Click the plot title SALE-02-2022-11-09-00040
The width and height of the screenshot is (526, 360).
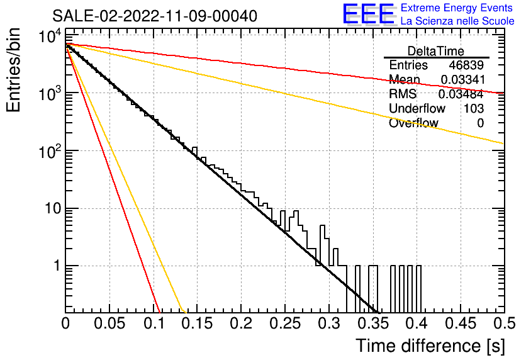155,16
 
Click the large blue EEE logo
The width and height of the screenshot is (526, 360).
368,14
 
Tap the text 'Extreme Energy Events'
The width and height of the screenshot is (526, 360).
457,8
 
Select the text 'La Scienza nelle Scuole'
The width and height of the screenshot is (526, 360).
457,21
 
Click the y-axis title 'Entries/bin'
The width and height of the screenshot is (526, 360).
14,70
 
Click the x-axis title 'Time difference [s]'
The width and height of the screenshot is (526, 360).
430,346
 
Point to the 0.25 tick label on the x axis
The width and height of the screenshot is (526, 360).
285,323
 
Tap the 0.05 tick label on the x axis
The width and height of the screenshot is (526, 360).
109,323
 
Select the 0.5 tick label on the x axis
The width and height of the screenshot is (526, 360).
504,323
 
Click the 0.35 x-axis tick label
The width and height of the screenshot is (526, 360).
373,323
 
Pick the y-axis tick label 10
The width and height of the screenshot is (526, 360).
53,208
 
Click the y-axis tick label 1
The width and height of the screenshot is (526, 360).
57,266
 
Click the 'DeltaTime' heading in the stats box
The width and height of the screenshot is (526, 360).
436,51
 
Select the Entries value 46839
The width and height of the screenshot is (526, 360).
466,65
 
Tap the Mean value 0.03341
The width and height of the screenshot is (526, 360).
462,79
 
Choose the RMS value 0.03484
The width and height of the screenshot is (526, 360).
461,94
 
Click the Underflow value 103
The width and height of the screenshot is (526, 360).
474,108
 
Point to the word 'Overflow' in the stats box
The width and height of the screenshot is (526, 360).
413,123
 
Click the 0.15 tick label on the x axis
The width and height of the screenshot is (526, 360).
198,323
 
